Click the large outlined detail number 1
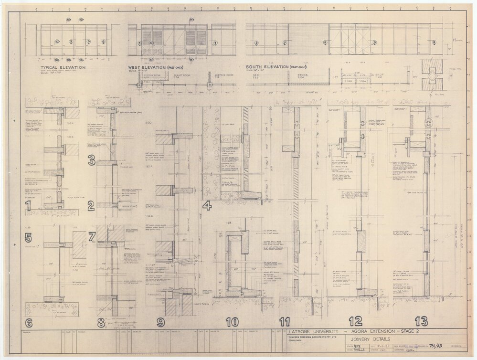coord(29,207)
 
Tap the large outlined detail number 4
coord(207,207)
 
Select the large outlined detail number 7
coord(93,236)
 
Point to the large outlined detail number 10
coord(232,322)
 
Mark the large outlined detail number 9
coord(160,322)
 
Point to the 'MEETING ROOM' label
coord(220,74)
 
